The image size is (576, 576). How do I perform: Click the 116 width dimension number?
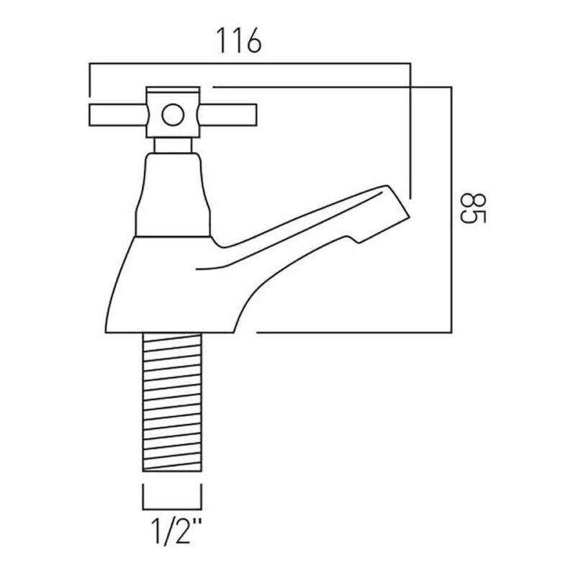[x=239, y=40]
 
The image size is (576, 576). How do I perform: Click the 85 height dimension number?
[x=473, y=208]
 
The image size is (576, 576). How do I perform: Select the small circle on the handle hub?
[x=173, y=115]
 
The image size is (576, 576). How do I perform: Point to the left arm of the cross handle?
[x=118, y=115]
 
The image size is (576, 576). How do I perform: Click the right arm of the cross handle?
[x=227, y=115]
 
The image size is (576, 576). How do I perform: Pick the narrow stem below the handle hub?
[x=173, y=145]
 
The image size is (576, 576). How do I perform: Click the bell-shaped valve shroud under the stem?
[x=173, y=194]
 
